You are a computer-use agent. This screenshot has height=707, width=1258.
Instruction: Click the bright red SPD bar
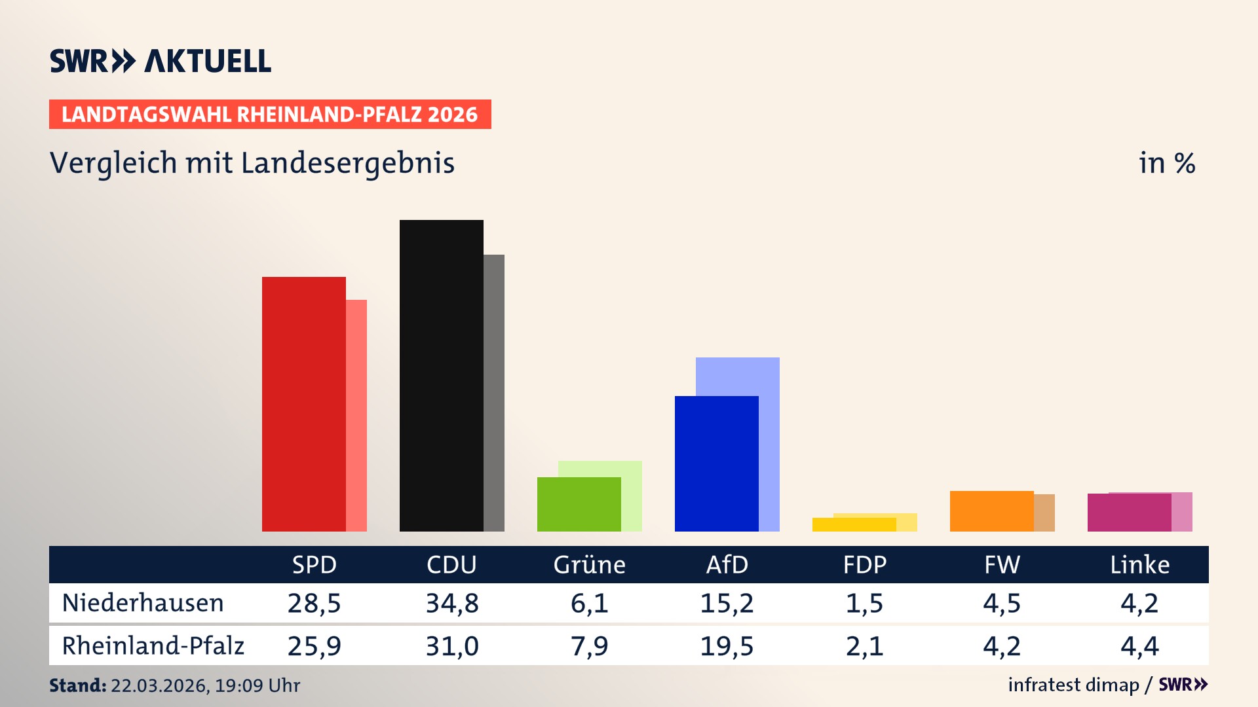click(304, 404)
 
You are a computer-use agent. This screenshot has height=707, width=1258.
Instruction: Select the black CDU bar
click(442, 376)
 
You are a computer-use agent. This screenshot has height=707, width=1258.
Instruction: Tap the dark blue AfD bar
click(717, 463)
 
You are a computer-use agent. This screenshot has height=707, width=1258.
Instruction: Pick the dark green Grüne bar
click(579, 504)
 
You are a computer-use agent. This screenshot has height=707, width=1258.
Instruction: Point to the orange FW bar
click(992, 511)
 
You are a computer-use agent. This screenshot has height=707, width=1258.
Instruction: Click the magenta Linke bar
click(1130, 513)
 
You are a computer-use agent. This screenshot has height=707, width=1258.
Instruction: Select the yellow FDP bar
click(854, 524)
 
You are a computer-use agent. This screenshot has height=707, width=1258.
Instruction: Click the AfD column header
click(727, 564)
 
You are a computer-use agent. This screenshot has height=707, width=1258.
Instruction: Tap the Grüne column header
click(590, 564)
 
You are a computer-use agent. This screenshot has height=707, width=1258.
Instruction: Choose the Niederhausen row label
click(143, 603)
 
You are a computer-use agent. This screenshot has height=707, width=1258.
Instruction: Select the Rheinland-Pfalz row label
click(153, 646)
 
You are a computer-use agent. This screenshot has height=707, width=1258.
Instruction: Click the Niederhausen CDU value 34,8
click(452, 603)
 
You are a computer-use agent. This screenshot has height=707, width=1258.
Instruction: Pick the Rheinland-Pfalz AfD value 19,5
click(727, 646)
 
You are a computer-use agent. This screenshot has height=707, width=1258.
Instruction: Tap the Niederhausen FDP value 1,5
click(865, 603)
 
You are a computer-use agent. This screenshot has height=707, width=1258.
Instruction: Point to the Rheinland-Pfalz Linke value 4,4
click(1140, 646)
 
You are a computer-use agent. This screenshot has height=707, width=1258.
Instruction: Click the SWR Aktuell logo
click(161, 61)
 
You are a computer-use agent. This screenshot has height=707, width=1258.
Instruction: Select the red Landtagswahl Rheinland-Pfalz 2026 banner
click(270, 115)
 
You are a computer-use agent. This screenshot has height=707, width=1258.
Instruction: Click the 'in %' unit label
click(1167, 163)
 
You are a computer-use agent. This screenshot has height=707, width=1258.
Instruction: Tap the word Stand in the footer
click(77, 685)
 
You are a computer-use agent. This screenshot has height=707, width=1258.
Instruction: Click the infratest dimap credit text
click(1073, 685)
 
